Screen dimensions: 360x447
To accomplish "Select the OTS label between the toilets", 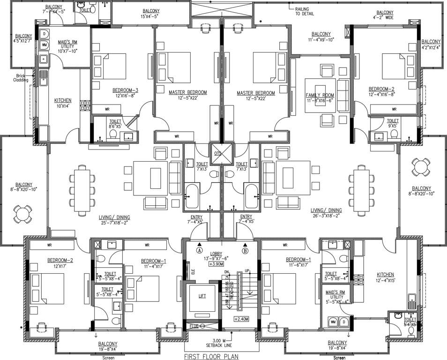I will [x=217, y=153].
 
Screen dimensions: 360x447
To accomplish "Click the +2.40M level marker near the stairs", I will [x=241, y=319].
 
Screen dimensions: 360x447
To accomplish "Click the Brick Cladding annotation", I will [x=21, y=77].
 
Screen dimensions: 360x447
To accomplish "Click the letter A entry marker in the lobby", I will [x=200, y=245].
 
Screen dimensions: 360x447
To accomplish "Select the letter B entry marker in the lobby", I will [x=245, y=245].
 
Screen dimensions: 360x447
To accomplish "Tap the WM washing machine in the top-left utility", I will [x=45, y=45].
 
